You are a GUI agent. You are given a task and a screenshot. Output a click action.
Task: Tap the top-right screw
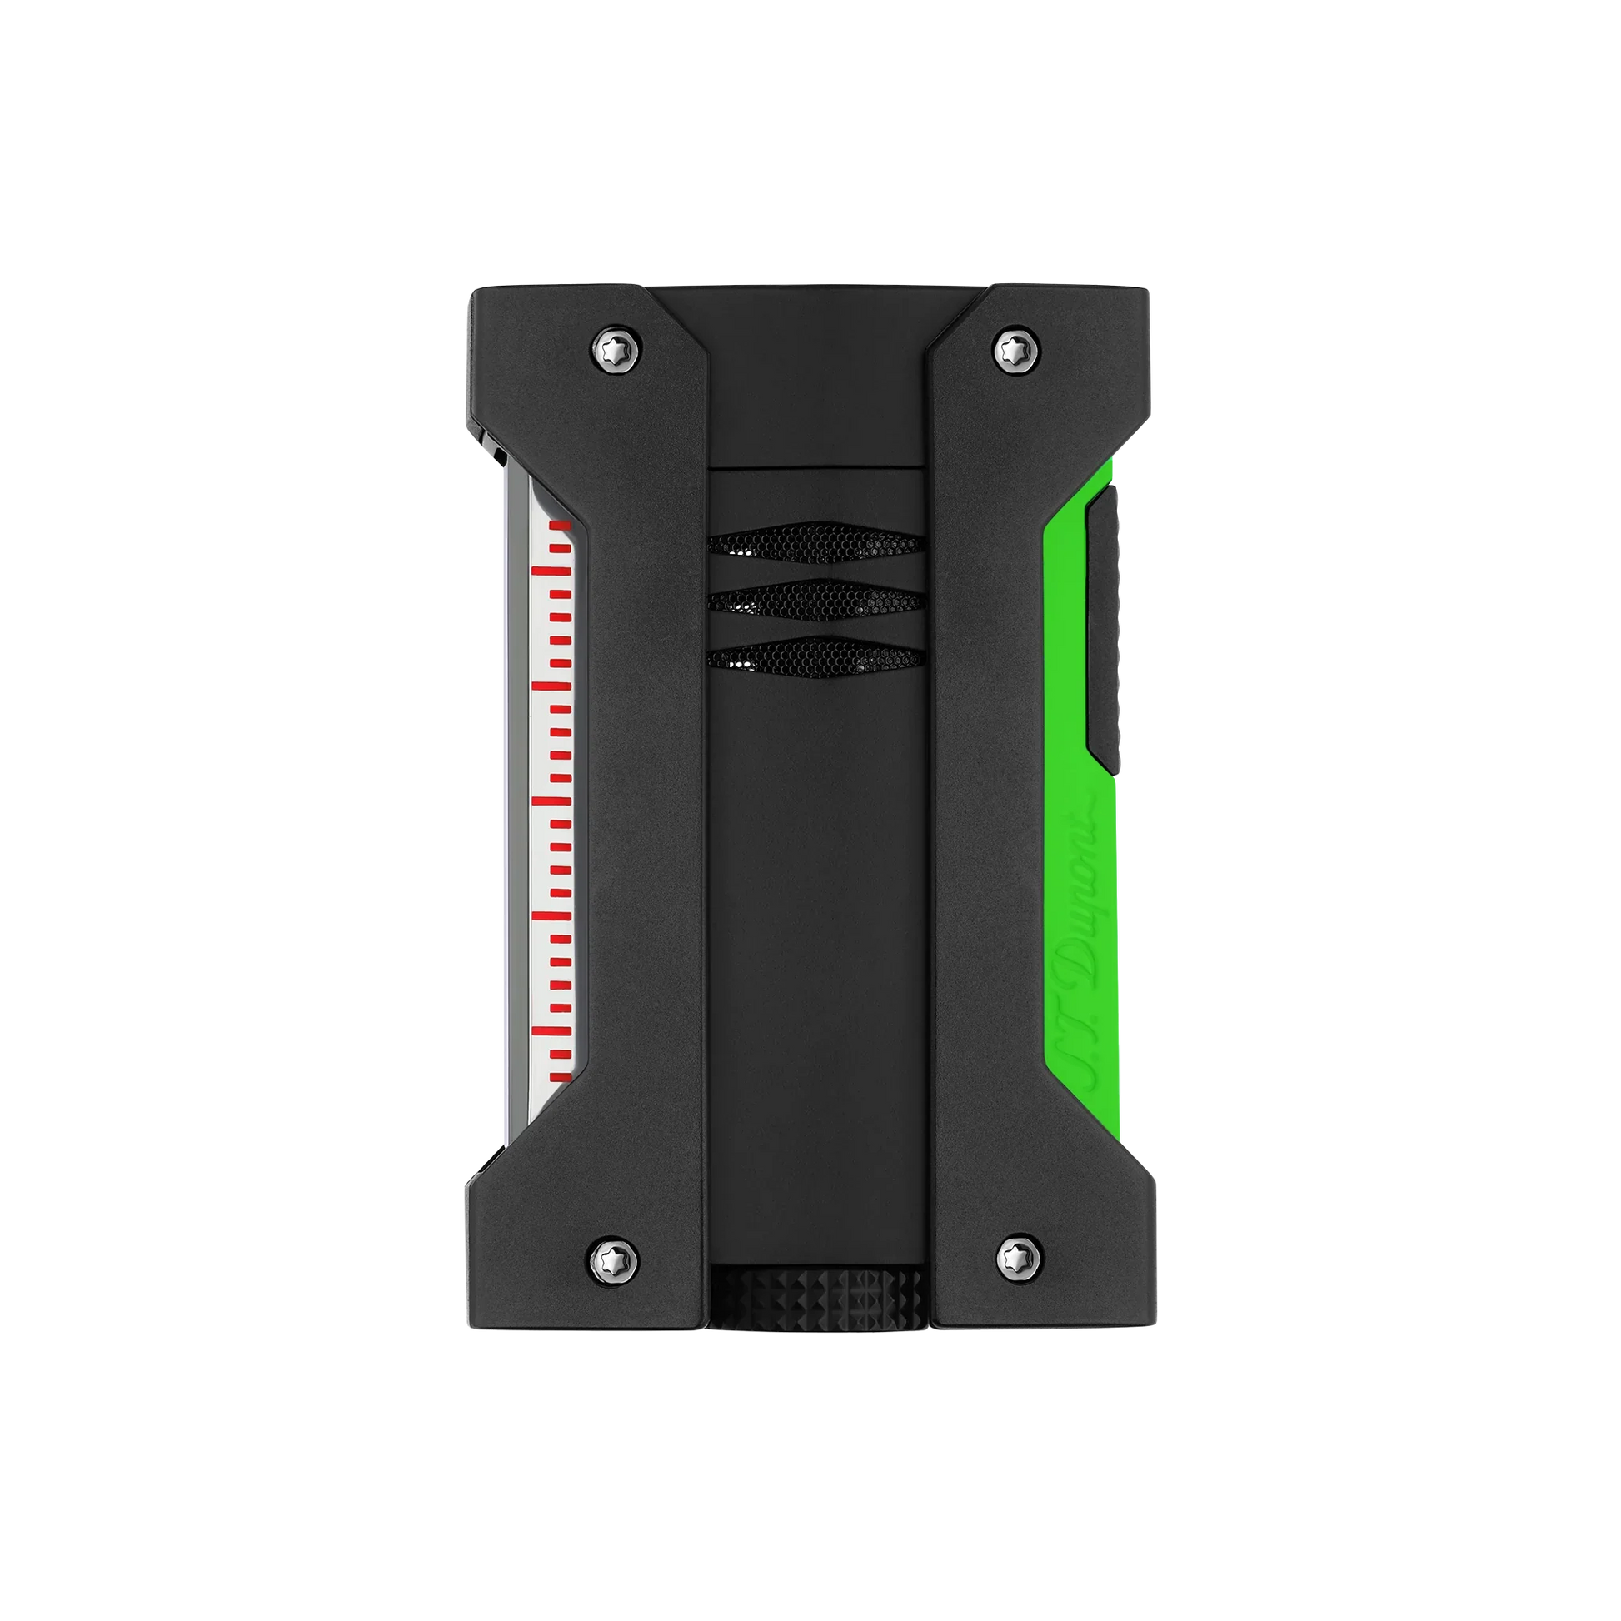[1016, 346]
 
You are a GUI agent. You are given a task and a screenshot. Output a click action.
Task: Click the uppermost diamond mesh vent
[815, 543]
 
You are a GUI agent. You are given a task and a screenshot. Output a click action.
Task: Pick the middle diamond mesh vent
[815, 600]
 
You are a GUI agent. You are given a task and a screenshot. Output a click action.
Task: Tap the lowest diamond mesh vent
[815, 657]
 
